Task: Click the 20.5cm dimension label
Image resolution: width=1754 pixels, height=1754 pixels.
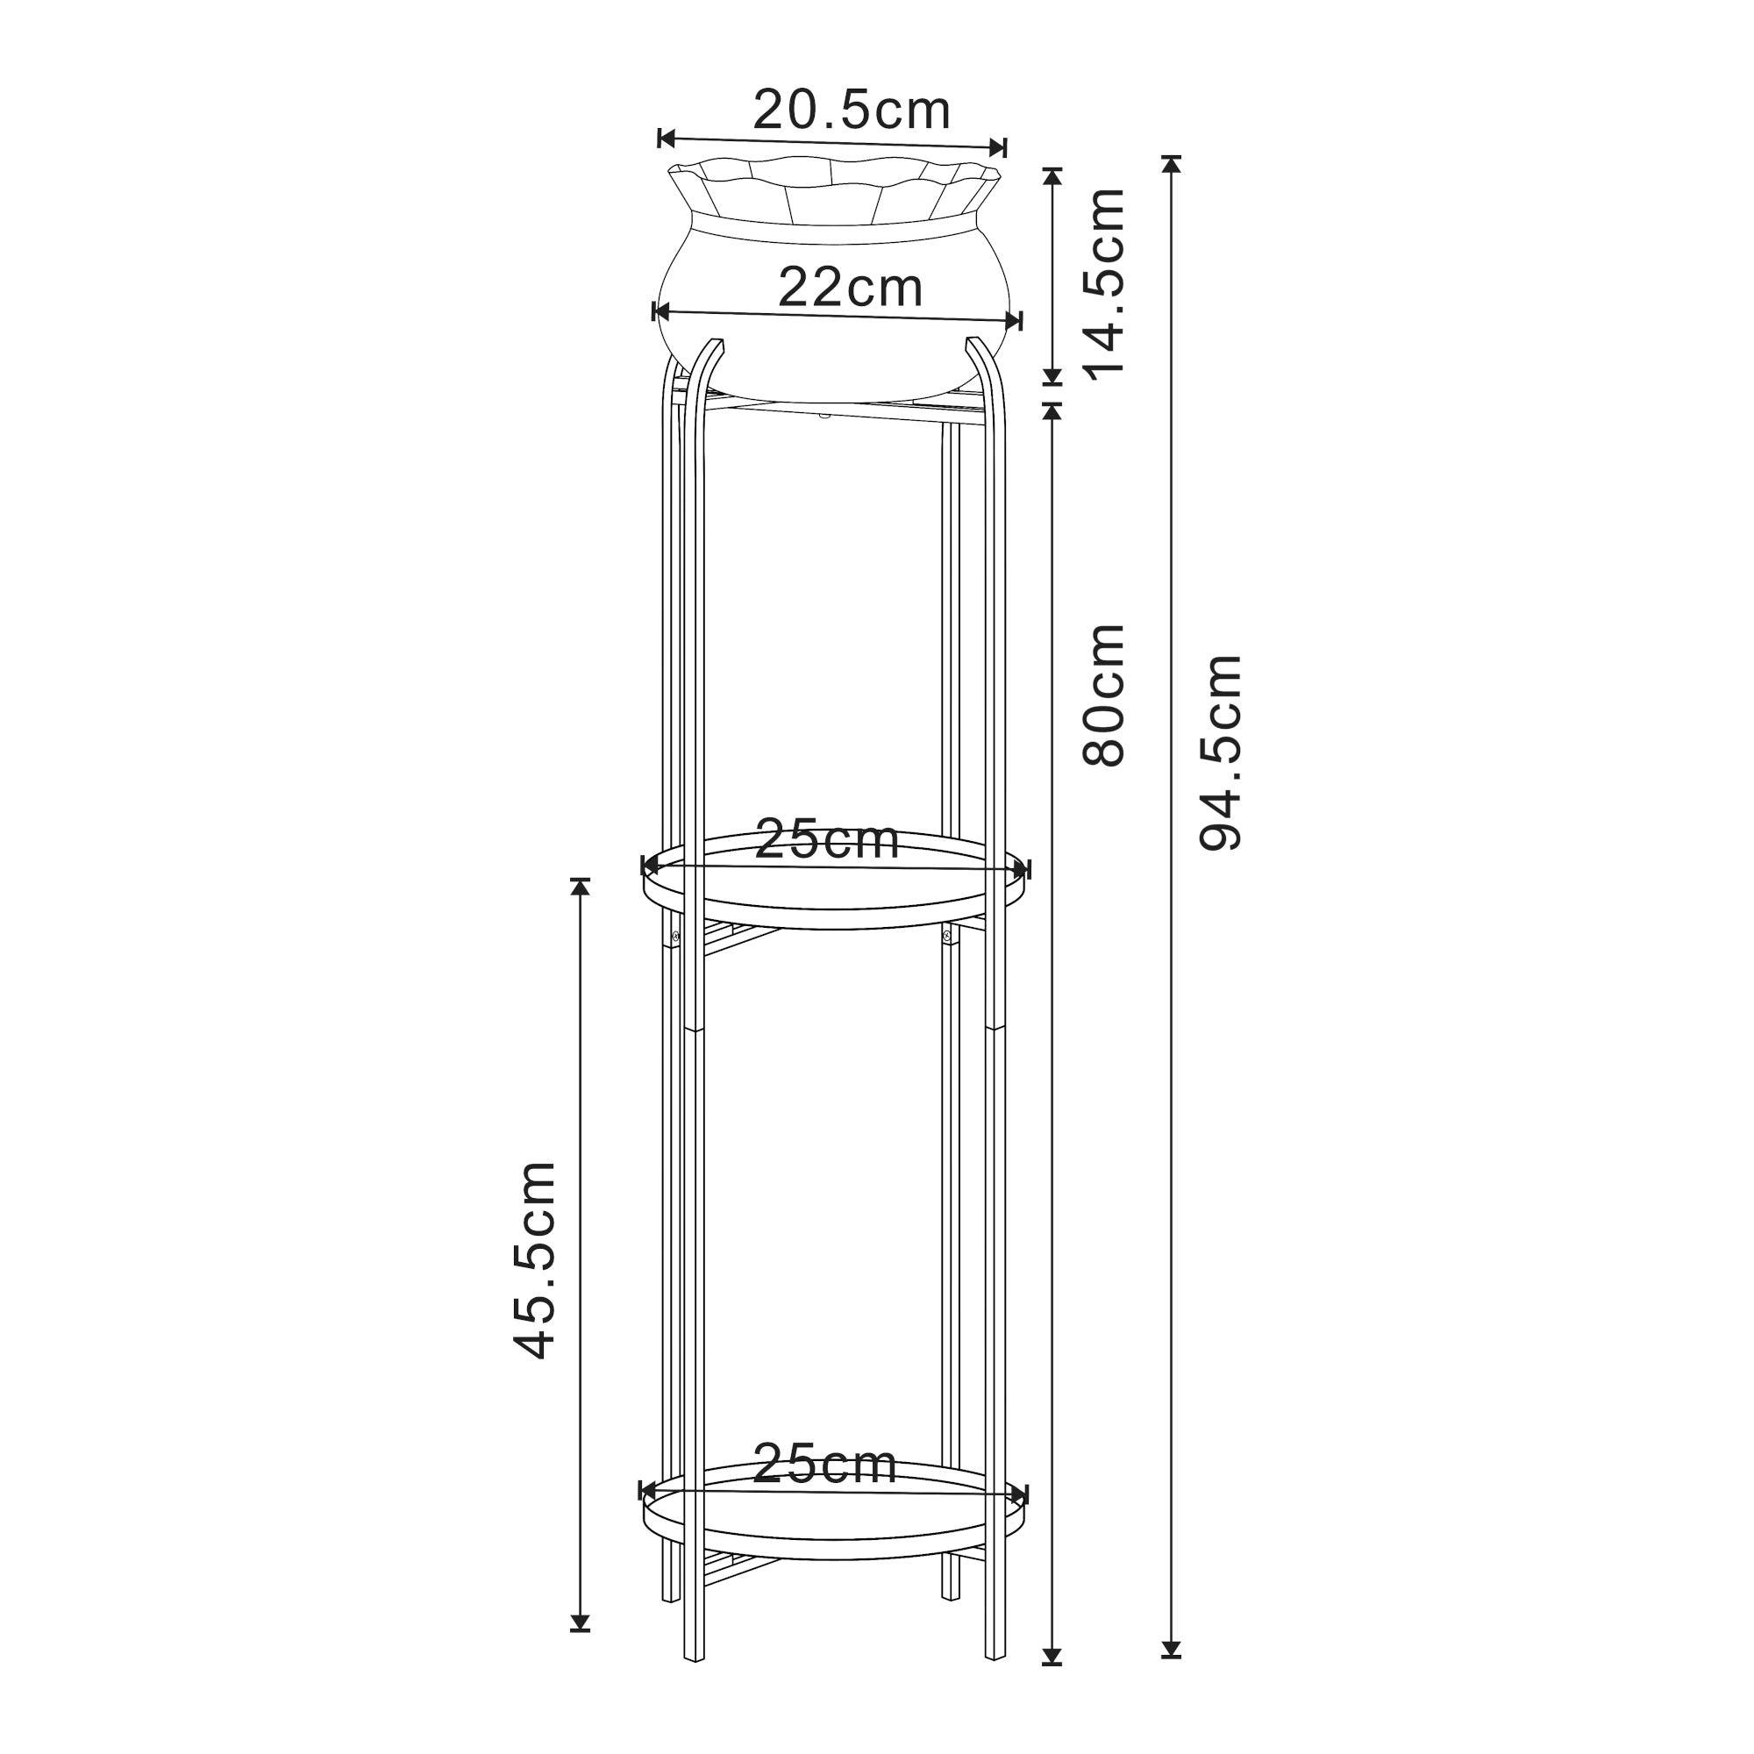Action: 851,111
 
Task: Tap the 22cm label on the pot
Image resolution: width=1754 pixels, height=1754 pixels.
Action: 850,288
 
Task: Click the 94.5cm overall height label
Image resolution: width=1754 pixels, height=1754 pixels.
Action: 1219,751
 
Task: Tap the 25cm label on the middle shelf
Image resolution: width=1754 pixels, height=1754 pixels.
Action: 826,839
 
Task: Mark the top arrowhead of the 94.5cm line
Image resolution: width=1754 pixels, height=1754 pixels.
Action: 1171,164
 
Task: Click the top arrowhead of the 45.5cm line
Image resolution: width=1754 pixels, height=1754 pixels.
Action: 580,887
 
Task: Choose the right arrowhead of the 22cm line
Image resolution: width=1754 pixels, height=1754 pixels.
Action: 1013,320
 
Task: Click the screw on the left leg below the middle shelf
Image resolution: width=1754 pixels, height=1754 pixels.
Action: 675,936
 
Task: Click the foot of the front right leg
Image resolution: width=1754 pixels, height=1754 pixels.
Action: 995,1682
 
